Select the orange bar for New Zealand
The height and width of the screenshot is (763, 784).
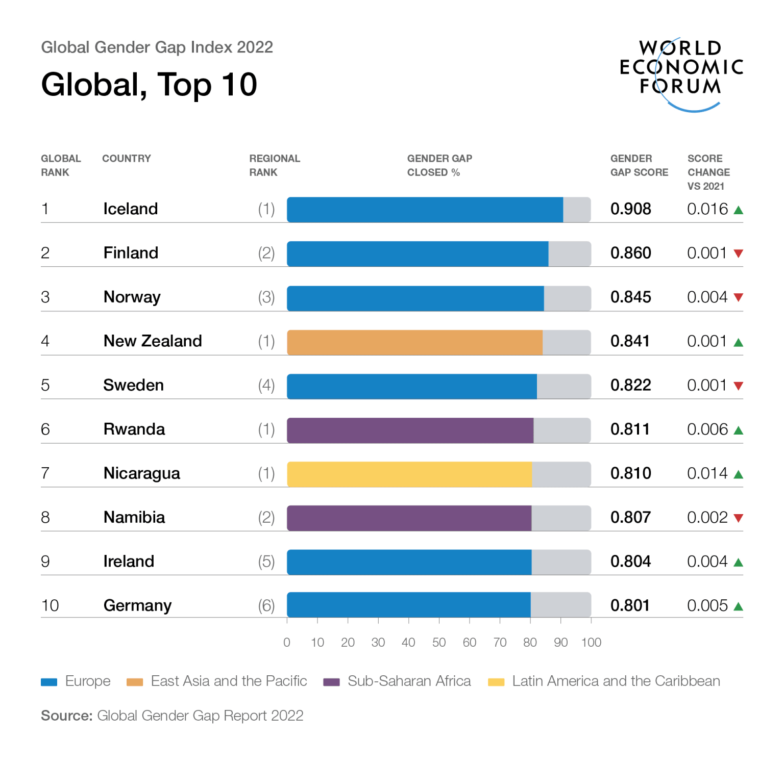pyautogui.click(x=414, y=342)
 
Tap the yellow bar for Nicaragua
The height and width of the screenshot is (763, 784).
pyautogui.click(x=409, y=474)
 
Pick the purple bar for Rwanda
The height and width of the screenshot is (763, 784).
pyautogui.click(x=410, y=430)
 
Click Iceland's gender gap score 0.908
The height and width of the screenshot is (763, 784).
pyautogui.click(x=630, y=209)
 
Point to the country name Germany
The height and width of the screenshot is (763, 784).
pyautogui.click(x=137, y=605)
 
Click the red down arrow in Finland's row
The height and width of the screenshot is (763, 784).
pyautogui.click(x=738, y=253)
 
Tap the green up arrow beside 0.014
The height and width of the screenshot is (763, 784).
pyautogui.click(x=738, y=474)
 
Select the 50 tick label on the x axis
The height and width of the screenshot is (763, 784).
pyautogui.click(x=439, y=643)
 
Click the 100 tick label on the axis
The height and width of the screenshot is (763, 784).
pyautogui.click(x=591, y=643)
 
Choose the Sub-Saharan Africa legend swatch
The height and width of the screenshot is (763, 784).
pyautogui.click(x=331, y=682)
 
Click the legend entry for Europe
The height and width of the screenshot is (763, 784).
pyautogui.click(x=87, y=681)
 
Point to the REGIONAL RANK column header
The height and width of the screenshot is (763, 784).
pyautogui.click(x=275, y=165)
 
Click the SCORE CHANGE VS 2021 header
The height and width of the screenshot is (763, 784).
pyautogui.click(x=708, y=172)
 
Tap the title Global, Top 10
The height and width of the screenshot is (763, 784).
pyautogui.click(x=149, y=85)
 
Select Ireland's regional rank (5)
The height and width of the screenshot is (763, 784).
pyautogui.click(x=266, y=562)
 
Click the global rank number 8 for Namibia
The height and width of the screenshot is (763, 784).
pyautogui.click(x=45, y=518)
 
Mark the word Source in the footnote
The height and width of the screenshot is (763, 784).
pyautogui.click(x=66, y=716)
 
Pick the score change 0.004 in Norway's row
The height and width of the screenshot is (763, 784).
pyautogui.click(x=707, y=297)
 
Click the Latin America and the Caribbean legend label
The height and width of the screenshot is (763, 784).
pyautogui.click(x=616, y=681)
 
